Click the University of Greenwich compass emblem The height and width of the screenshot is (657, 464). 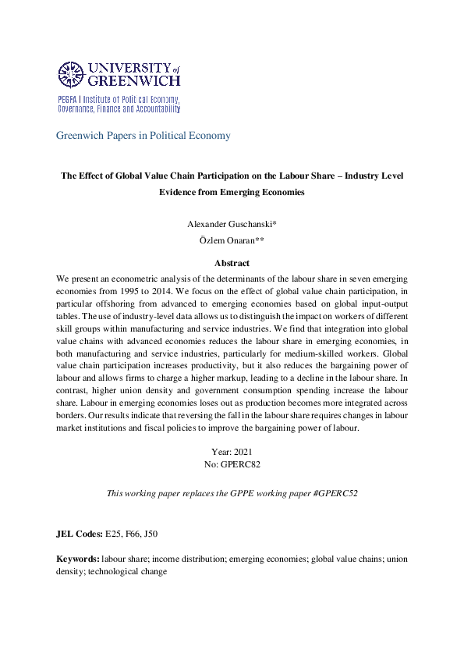tap(71, 74)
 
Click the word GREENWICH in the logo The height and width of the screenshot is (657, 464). tap(135, 80)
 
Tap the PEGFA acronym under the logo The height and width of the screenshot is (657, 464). tap(69, 101)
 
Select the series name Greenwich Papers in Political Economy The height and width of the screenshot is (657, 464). tap(143, 136)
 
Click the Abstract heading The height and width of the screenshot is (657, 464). tap(232, 264)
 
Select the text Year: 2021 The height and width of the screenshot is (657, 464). tap(232, 452)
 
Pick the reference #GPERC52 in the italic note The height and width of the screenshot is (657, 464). tap(335, 494)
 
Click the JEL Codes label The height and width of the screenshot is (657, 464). tap(79, 534)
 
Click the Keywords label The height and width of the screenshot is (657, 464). tap(77, 559)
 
